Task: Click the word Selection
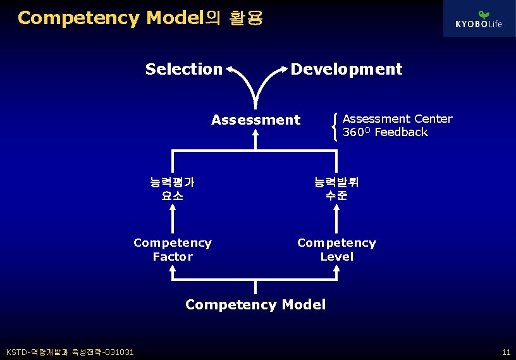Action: [x=183, y=69]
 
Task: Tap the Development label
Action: [x=346, y=69]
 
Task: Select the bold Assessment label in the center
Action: [x=255, y=120]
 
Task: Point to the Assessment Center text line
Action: [x=397, y=118]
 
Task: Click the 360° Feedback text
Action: [x=384, y=132]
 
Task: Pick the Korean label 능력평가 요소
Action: [x=172, y=189]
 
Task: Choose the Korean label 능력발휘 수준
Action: [x=336, y=189]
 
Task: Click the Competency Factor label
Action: [x=172, y=249]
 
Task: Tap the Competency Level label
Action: [x=336, y=249]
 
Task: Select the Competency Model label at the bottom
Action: [x=255, y=304]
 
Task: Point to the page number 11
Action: [x=505, y=352]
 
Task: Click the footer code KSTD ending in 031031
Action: [x=70, y=352]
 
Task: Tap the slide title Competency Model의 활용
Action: [x=140, y=18]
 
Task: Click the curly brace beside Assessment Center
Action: [x=334, y=125]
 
